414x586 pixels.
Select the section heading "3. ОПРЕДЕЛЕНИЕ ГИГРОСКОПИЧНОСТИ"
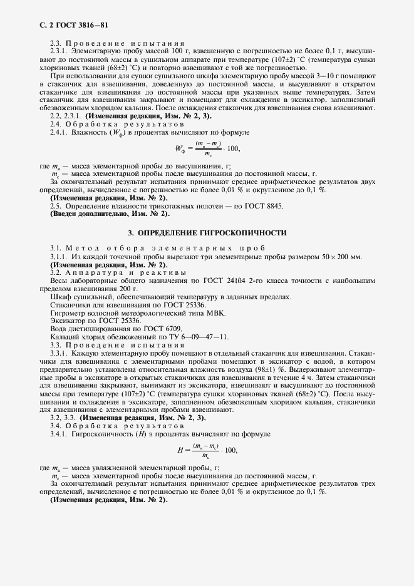click(x=207, y=233)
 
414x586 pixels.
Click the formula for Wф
click(x=207, y=148)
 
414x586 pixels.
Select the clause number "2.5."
click(x=56, y=205)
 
